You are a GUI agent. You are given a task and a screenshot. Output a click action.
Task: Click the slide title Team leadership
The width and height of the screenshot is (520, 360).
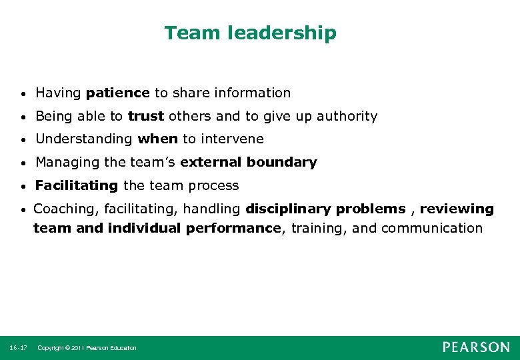250,33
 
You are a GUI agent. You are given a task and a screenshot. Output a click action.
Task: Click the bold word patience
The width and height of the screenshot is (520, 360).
118,93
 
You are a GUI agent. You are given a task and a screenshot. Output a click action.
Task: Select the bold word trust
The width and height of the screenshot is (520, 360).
146,116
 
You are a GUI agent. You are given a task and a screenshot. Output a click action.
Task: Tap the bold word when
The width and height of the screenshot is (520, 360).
158,139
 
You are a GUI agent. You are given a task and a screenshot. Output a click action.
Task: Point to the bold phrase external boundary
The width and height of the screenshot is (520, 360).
249,162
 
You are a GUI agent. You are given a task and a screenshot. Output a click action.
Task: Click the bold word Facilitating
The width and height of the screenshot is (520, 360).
76,185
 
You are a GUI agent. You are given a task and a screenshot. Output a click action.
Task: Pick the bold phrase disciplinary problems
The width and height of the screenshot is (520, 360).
325,209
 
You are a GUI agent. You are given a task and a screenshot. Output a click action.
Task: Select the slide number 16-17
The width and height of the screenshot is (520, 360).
19,348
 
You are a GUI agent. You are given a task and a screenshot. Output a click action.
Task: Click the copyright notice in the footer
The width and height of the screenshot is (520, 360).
87,348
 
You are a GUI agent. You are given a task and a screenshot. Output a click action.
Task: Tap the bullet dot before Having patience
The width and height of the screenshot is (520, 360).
23,94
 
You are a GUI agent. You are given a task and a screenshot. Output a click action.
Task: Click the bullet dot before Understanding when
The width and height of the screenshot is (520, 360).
23,140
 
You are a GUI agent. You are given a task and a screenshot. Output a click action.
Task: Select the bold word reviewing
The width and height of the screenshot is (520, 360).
457,209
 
